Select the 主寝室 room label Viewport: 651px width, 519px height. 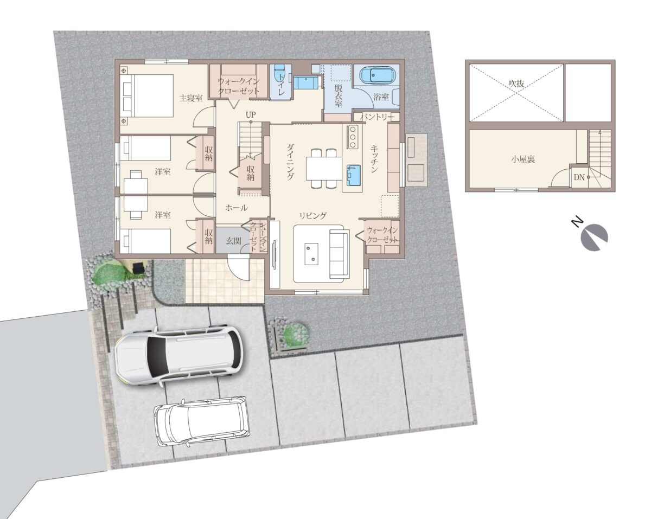click(x=190, y=98)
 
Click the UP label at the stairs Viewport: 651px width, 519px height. click(x=251, y=115)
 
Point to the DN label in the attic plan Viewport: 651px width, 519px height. click(x=579, y=177)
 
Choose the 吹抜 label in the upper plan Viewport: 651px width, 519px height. click(x=516, y=84)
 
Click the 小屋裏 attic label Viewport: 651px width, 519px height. click(x=523, y=159)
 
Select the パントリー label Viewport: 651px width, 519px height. click(x=377, y=117)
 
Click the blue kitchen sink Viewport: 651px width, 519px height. click(x=354, y=175)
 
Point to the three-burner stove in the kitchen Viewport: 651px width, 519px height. click(x=353, y=137)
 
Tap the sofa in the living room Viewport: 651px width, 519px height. click(x=340, y=253)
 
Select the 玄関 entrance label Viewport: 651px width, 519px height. click(x=234, y=241)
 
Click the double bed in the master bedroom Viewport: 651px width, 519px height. click(x=148, y=95)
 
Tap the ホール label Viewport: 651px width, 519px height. click(x=237, y=208)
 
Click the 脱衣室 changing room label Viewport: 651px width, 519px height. click(x=338, y=95)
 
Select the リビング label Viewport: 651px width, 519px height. click(x=313, y=215)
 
